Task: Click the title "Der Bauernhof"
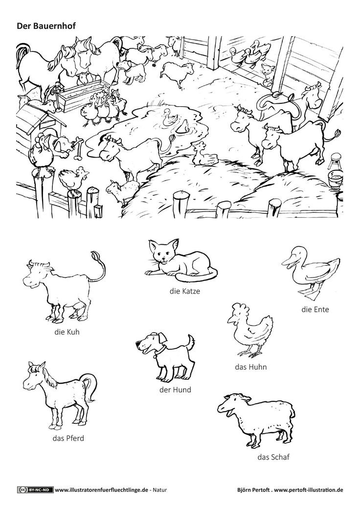click(46, 26)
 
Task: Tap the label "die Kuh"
click(67, 332)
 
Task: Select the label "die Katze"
click(184, 291)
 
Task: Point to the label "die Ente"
click(315, 309)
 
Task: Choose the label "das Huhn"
click(251, 367)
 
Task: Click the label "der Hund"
click(175, 390)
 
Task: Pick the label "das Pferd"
click(68, 439)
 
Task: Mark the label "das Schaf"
click(273, 458)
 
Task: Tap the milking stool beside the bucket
click(334, 161)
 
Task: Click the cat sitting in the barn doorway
click(267, 74)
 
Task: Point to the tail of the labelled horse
click(89, 386)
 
